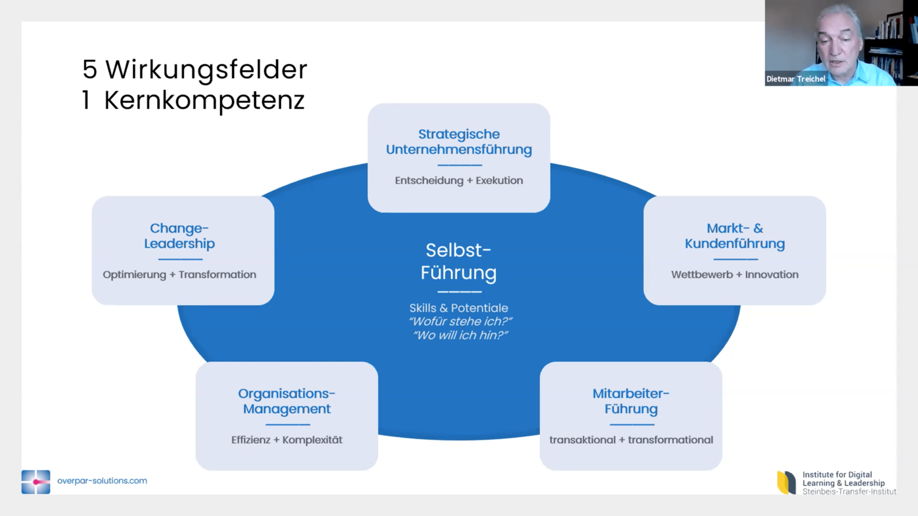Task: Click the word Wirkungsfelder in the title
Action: pyautogui.click(x=207, y=70)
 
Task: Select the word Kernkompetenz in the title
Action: pyautogui.click(x=204, y=101)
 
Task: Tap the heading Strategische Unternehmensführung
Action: pyautogui.click(x=459, y=142)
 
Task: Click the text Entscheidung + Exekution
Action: pyautogui.click(x=459, y=181)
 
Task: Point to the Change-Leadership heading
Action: pyautogui.click(x=180, y=236)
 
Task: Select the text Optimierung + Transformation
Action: pyautogui.click(x=180, y=275)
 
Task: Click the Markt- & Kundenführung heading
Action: pyautogui.click(x=734, y=236)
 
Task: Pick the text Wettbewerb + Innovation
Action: pyautogui.click(x=734, y=275)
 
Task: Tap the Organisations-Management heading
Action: pyautogui.click(x=287, y=401)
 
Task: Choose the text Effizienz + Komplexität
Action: pyautogui.click(x=287, y=440)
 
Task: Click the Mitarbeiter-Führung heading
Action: pyautogui.click(x=631, y=401)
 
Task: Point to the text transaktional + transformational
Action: pyautogui.click(x=631, y=440)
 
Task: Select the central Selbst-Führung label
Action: pyautogui.click(x=458, y=261)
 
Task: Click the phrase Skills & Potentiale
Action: pyautogui.click(x=458, y=308)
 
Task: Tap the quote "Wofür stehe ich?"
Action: pyautogui.click(x=460, y=322)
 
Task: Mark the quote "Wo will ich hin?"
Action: pyautogui.click(x=460, y=335)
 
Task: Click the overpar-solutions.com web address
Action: pyautogui.click(x=102, y=481)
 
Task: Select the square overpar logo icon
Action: pyautogui.click(x=36, y=482)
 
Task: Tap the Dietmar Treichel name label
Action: pyautogui.click(x=796, y=79)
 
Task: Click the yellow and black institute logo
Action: pyautogui.click(x=787, y=483)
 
